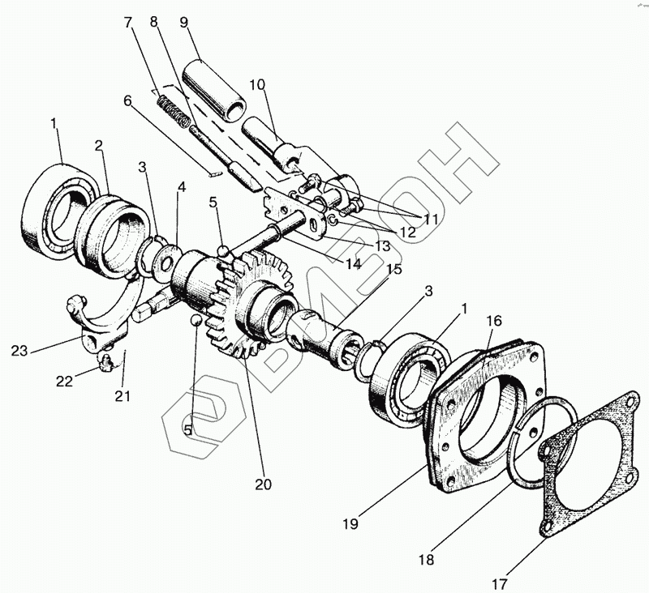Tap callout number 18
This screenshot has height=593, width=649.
pyautogui.click(x=425, y=559)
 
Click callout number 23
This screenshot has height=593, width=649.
pyautogui.click(x=19, y=350)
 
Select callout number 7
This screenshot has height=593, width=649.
pyautogui.click(x=127, y=22)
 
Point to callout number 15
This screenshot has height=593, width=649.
pyautogui.click(x=394, y=269)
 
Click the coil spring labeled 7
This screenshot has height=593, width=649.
pyautogui.click(x=173, y=112)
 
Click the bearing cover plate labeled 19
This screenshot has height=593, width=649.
pyautogui.click(x=479, y=413)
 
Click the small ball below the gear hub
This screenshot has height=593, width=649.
pyautogui.click(x=196, y=323)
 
